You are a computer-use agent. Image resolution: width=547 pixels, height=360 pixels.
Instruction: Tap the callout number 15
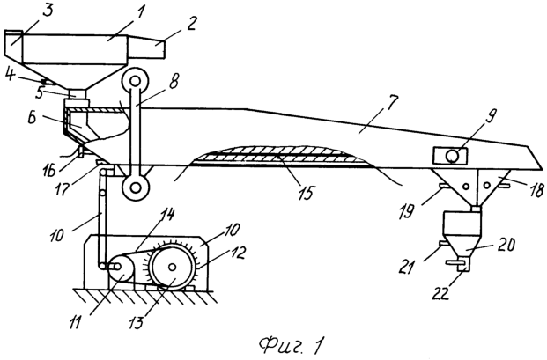(x=306, y=192)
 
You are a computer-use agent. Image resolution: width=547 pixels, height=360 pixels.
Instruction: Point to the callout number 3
(x=48, y=10)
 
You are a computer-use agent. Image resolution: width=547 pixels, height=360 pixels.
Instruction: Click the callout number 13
(x=136, y=322)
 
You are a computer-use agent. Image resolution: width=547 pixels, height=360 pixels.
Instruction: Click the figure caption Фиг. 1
(x=292, y=345)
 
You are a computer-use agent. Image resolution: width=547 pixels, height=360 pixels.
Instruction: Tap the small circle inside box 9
(x=452, y=156)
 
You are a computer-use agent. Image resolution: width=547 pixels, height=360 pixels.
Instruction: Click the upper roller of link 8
(x=135, y=82)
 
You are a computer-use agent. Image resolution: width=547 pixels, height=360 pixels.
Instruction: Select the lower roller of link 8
(x=135, y=188)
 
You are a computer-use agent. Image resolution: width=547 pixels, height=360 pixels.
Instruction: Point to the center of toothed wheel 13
(x=172, y=268)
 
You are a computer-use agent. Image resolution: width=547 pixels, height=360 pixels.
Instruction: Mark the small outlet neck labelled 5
(x=78, y=94)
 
